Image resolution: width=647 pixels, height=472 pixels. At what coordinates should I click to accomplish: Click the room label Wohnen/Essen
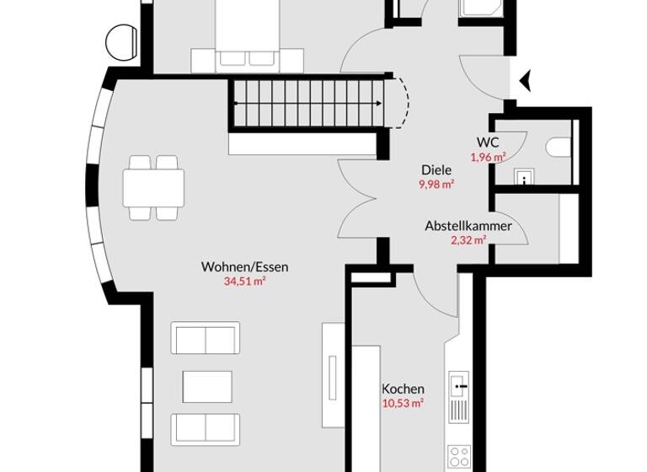244,267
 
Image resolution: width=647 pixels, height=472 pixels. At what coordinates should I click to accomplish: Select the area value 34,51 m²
244,282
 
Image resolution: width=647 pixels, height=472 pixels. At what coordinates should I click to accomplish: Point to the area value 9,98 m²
436,183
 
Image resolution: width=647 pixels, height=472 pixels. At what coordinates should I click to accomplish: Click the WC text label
488,142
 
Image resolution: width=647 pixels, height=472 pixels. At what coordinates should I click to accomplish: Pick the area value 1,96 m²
488,157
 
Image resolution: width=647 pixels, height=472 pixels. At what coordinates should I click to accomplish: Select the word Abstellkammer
468,226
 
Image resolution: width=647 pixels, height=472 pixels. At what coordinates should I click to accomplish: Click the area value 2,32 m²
468,240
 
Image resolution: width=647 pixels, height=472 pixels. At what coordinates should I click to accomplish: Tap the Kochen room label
403,389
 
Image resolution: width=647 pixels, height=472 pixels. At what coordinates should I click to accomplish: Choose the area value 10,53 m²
403,403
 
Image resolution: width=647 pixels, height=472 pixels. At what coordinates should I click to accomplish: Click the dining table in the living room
153,187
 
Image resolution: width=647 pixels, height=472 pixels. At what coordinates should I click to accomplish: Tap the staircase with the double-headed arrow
312,103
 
